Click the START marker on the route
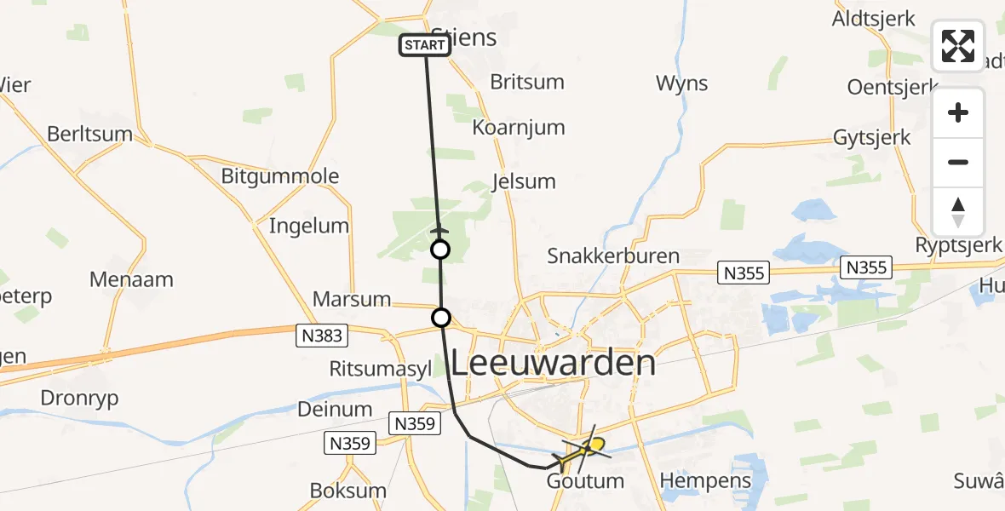(424, 45)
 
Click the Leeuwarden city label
(553, 364)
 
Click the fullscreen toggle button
(958, 45)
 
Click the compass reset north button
(958, 212)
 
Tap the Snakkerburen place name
(613, 255)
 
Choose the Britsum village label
(527, 82)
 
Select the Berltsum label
(90, 134)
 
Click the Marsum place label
(352, 299)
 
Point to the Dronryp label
(79, 398)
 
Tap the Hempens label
(706, 480)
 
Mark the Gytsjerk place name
(872, 137)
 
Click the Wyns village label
(682, 83)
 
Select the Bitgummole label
(280, 176)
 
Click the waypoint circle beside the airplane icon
(439, 250)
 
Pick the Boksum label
(347, 491)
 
